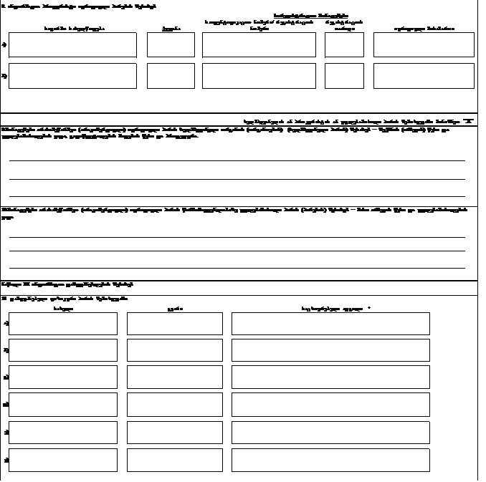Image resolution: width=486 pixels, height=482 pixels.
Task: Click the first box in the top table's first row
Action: (72, 44)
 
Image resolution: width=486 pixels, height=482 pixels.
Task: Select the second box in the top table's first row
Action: (171, 44)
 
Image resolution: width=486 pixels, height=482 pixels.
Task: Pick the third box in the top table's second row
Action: (259, 75)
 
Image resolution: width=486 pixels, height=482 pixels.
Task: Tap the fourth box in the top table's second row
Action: (344, 75)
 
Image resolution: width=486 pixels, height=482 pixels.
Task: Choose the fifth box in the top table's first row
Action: (424, 44)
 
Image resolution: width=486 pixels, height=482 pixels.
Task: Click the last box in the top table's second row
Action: (424, 75)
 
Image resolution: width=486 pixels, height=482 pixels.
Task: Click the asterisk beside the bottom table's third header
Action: (368, 309)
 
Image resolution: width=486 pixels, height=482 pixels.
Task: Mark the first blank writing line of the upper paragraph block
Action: (237, 160)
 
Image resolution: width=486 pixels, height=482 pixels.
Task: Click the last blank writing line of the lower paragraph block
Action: (237, 269)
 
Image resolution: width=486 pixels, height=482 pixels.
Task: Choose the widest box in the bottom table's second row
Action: (330, 350)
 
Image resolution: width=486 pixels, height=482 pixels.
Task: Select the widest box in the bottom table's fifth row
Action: (330, 433)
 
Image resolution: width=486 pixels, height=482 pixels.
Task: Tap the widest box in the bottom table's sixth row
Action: (330, 460)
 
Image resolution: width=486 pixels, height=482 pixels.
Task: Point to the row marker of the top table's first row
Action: (5, 44)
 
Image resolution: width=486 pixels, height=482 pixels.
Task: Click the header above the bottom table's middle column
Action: (170, 309)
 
